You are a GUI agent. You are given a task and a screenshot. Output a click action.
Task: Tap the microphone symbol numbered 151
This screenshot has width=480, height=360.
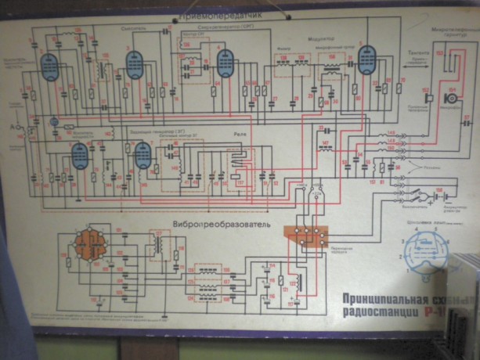pyautogui.click(x=451, y=99)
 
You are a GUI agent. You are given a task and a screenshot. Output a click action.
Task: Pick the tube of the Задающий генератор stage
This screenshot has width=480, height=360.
pyautogui.click(x=142, y=156)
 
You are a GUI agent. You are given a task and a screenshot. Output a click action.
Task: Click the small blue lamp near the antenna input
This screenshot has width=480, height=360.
pyautogui.click(x=52, y=121)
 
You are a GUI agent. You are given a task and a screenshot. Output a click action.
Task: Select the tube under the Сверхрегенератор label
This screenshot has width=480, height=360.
pyautogui.click(x=226, y=63)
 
